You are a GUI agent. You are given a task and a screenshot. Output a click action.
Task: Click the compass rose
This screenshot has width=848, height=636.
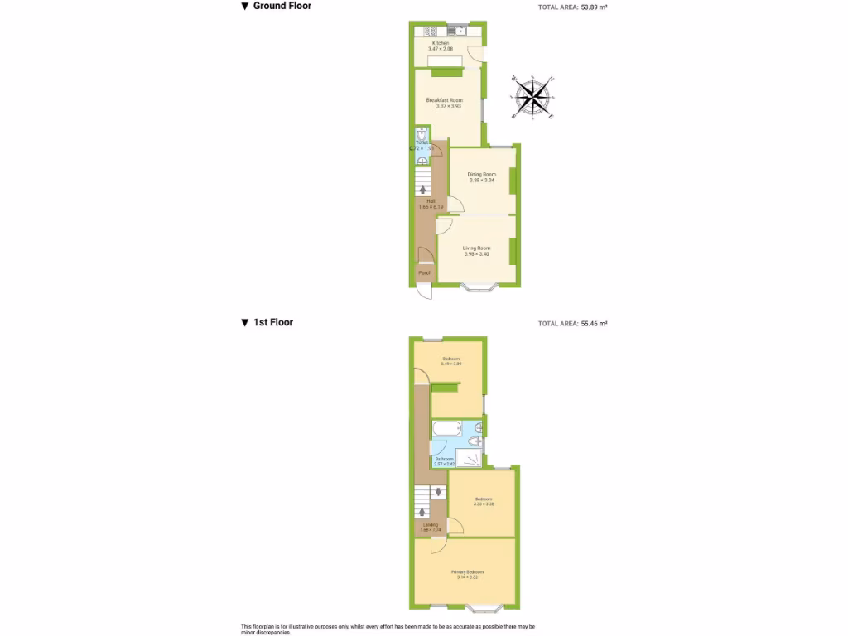[x=534, y=97]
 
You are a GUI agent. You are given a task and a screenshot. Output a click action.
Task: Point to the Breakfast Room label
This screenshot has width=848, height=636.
[x=444, y=99]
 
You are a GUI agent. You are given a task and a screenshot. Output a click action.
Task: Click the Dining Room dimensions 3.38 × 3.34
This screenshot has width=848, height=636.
[x=481, y=180]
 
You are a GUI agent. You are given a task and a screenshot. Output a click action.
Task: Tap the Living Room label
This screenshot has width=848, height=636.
[x=476, y=248]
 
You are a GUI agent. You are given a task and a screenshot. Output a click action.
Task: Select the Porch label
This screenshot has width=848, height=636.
[x=425, y=273]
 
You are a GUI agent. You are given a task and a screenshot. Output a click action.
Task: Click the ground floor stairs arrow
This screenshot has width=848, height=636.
[x=424, y=190]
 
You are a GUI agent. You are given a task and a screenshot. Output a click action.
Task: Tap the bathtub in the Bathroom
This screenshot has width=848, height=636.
[x=448, y=430]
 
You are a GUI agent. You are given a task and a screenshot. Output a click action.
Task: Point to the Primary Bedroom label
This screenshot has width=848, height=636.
[x=467, y=572]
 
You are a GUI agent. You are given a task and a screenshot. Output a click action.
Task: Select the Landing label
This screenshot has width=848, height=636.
[x=431, y=524]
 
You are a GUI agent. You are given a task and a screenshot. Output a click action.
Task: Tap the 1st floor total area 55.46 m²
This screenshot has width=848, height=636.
[x=572, y=324]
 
